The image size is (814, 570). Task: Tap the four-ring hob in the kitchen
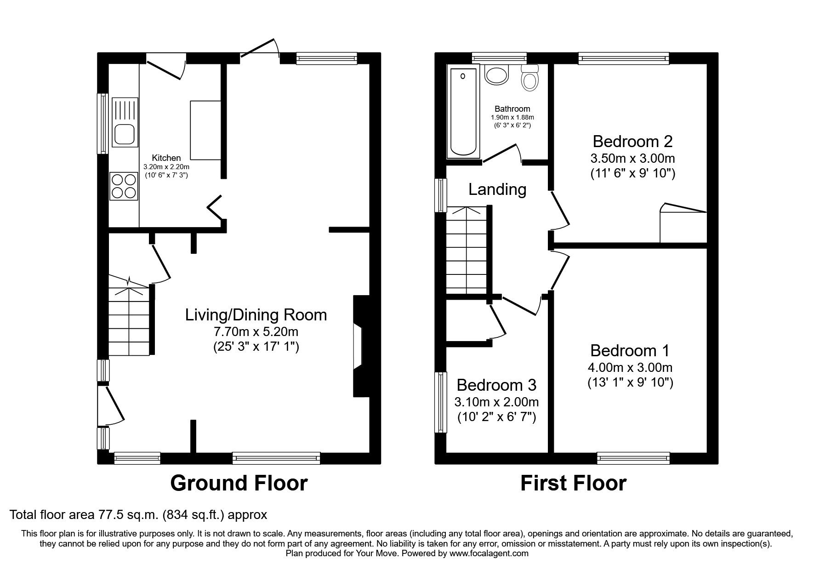pyautogui.click(x=124, y=186)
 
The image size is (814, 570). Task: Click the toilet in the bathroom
pyautogui.click(x=530, y=79)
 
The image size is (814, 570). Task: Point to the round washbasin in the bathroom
pyautogui.click(x=496, y=74)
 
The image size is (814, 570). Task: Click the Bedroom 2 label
pyautogui.click(x=632, y=141)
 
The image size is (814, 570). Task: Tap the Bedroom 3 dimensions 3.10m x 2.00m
pyautogui.click(x=496, y=402)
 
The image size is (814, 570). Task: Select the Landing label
pyautogui.click(x=497, y=189)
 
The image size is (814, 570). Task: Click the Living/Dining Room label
pyautogui.click(x=256, y=315)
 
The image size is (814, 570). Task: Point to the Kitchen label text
pyautogui.click(x=166, y=158)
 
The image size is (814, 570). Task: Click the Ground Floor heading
pyautogui.click(x=239, y=483)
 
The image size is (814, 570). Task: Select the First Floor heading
pyautogui.click(x=573, y=483)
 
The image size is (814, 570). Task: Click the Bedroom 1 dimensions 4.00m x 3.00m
pyautogui.click(x=630, y=368)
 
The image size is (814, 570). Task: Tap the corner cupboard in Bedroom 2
pyautogui.click(x=683, y=225)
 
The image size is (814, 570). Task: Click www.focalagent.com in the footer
pyautogui.click(x=489, y=553)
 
